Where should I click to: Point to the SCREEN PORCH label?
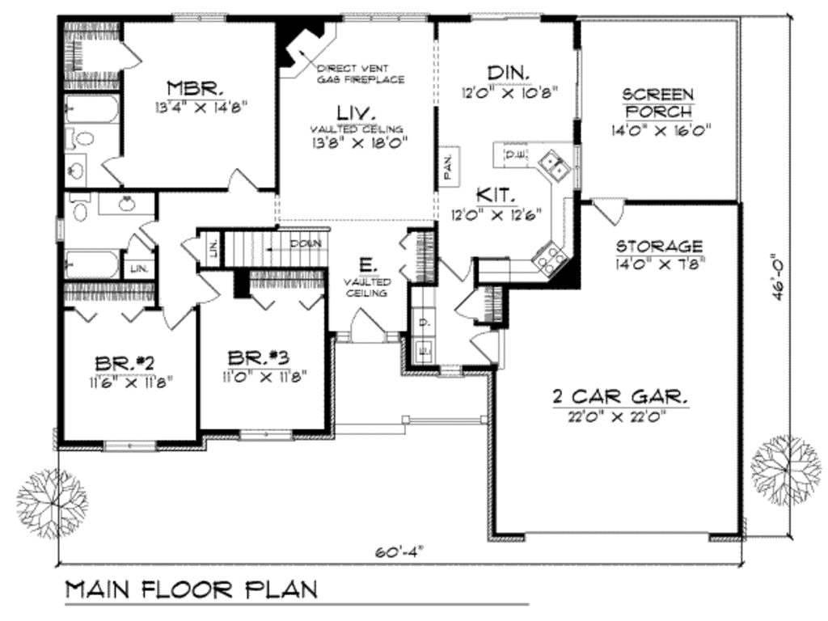657,103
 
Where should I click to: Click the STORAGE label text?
659,246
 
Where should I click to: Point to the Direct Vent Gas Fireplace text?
360,74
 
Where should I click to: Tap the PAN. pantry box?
449,166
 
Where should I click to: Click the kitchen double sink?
554,166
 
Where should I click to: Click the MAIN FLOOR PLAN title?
190,589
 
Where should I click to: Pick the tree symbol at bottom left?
51,497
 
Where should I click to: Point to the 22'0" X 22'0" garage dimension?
619,417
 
